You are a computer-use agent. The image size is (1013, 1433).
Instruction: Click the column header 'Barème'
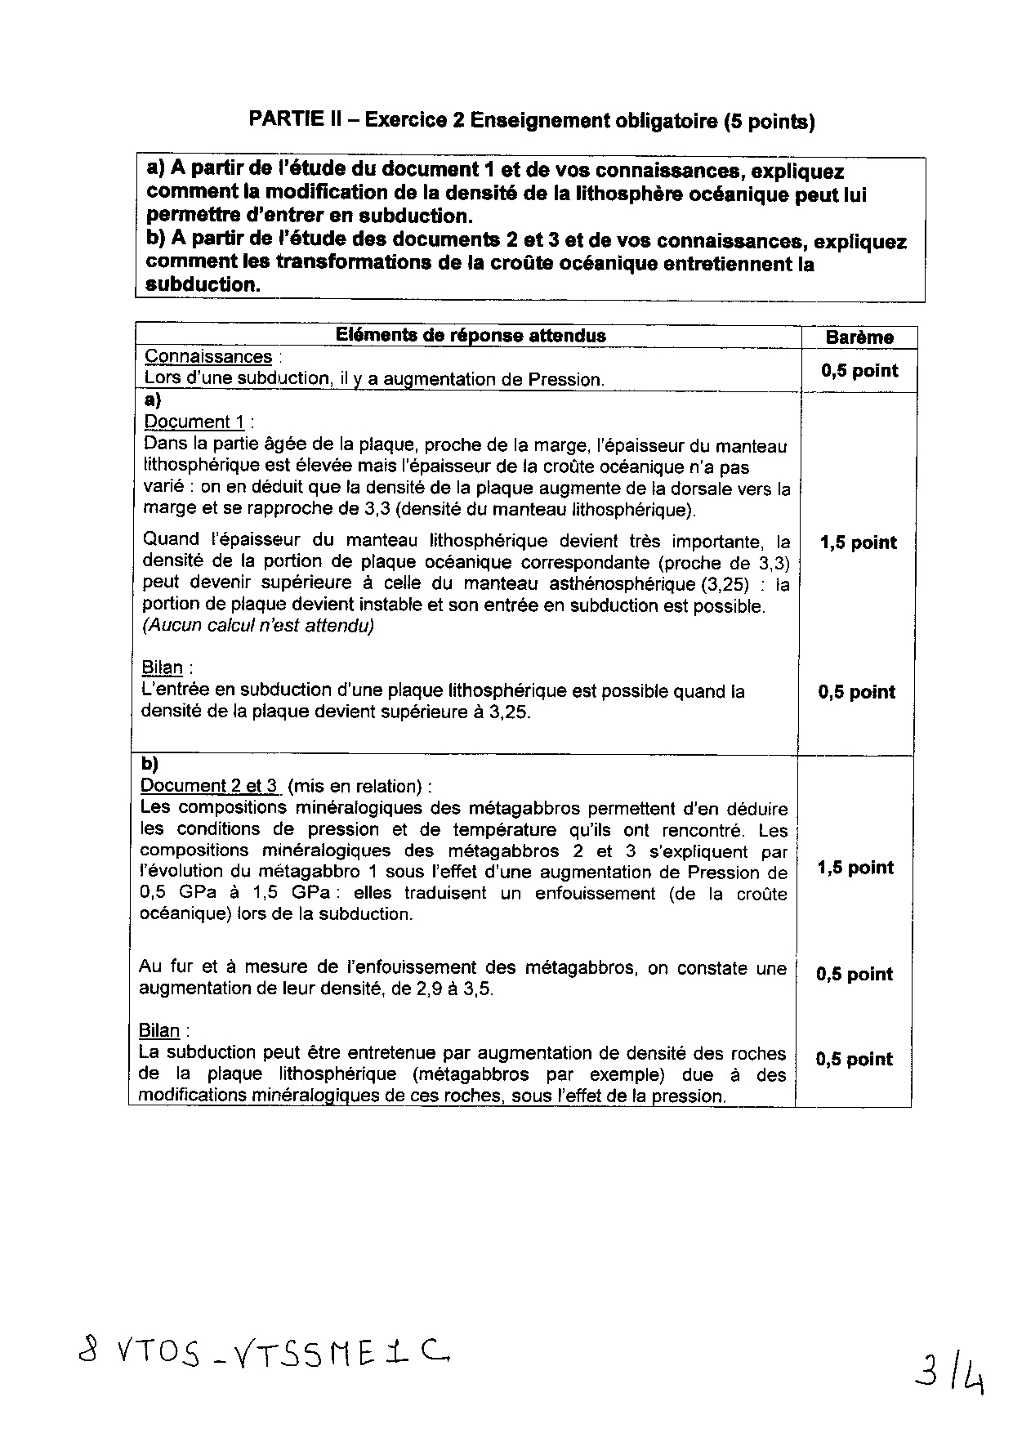[x=859, y=337]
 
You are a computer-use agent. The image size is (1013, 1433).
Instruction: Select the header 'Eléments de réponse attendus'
[x=471, y=335]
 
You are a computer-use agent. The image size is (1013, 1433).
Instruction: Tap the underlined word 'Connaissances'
[x=208, y=357]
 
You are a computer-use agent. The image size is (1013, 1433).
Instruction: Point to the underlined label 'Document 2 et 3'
[x=210, y=786]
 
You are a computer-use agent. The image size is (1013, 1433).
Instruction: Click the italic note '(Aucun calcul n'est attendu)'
[x=258, y=626]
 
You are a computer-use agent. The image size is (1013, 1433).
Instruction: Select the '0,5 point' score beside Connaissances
[x=859, y=371]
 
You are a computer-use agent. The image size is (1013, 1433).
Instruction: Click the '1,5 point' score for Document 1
[x=858, y=542]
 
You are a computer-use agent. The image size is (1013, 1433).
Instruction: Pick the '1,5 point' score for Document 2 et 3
[x=855, y=868]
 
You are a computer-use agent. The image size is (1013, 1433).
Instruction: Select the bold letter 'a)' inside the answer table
[x=152, y=400]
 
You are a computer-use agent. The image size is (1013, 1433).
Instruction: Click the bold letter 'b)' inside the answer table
[x=149, y=764]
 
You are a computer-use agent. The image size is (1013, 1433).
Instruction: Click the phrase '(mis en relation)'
[x=356, y=786]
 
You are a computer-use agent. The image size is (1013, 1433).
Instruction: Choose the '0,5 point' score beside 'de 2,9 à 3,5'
[x=855, y=974]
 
